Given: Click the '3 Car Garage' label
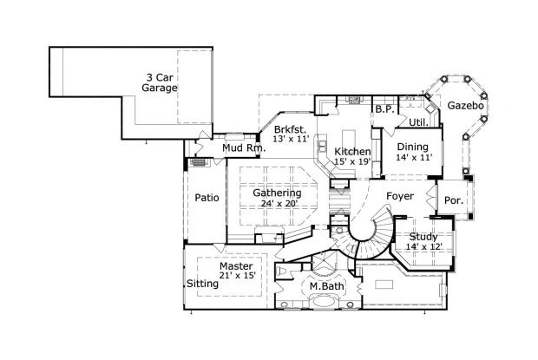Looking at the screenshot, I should (x=161, y=82).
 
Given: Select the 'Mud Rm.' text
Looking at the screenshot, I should (x=243, y=148).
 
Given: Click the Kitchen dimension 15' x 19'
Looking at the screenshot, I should (x=352, y=161).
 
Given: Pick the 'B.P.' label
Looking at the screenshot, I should (x=384, y=109).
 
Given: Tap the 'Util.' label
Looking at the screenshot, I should (x=417, y=121).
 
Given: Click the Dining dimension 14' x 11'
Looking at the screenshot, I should (x=414, y=158).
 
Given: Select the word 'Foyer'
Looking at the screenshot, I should (x=400, y=195).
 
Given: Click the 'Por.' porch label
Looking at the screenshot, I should (x=454, y=200).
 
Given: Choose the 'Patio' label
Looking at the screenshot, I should (x=206, y=198).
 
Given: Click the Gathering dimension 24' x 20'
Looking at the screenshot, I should (x=277, y=204).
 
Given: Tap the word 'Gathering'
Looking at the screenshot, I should (x=277, y=193).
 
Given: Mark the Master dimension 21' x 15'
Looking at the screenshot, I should (x=236, y=276).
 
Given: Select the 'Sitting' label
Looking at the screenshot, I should (x=203, y=284).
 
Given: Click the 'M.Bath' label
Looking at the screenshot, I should (x=325, y=285).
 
